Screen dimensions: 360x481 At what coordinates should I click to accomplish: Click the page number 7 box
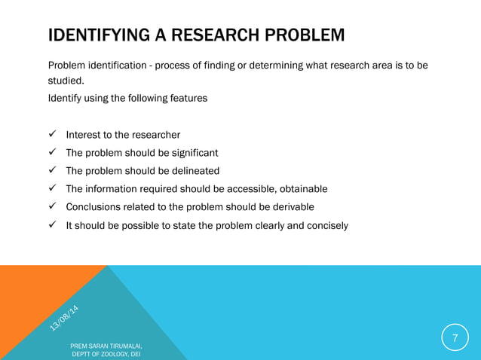click(x=455, y=337)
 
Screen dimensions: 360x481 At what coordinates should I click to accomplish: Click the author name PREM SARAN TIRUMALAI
click(x=106, y=345)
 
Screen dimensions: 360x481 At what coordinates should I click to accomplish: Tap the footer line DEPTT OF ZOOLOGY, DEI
click(x=106, y=354)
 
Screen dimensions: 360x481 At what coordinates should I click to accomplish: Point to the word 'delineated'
click(x=192, y=171)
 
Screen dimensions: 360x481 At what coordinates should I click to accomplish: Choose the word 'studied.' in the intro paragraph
click(x=66, y=81)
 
